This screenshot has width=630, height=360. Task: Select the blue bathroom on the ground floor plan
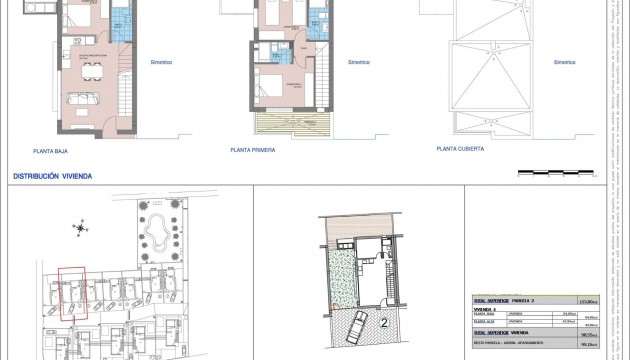(x=119, y=19)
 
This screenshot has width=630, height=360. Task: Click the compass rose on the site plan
(x=80, y=230)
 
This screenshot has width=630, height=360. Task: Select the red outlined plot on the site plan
(x=73, y=289)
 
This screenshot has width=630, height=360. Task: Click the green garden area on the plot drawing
(x=342, y=277)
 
